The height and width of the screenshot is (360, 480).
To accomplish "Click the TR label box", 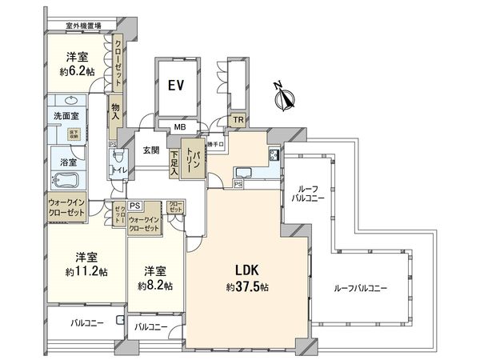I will tap(238, 120).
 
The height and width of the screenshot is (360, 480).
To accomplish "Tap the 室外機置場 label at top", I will tap(77, 26).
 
